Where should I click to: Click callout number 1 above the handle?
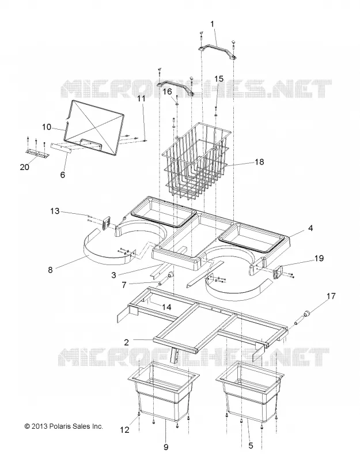[x=212, y=24]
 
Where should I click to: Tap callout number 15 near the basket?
[x=218, y=79]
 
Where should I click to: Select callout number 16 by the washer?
[x=167, y=92]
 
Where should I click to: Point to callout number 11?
[x=142, y=99]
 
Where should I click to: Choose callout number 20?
[x=25, y=167]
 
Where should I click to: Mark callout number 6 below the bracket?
[x=63, y=175]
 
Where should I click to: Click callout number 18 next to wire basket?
[x=259, y=162]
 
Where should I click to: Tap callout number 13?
[x=55, y=211]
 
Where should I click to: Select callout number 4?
[x=310, y=228]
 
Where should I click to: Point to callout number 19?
[x=319, y=258]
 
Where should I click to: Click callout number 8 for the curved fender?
[x=50, y=270]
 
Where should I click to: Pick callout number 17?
[x=331, y=296]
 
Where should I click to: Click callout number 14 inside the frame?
[x=166, y=307]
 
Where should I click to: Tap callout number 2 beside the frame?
[x=126, y=342]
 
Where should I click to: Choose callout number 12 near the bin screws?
[x=124, y=430]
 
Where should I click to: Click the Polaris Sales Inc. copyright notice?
[x=64, y=426]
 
